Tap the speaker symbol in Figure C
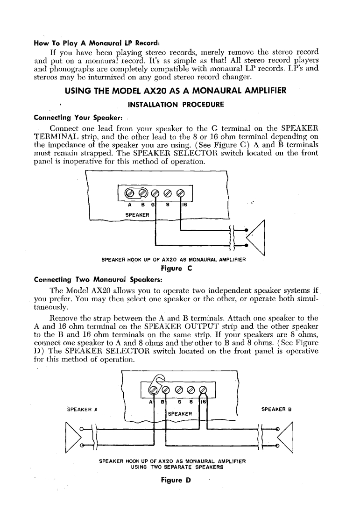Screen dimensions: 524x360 [256, 237]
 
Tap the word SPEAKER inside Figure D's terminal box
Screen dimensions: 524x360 [180, 414]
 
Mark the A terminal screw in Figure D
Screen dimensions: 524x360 [152, 390]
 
